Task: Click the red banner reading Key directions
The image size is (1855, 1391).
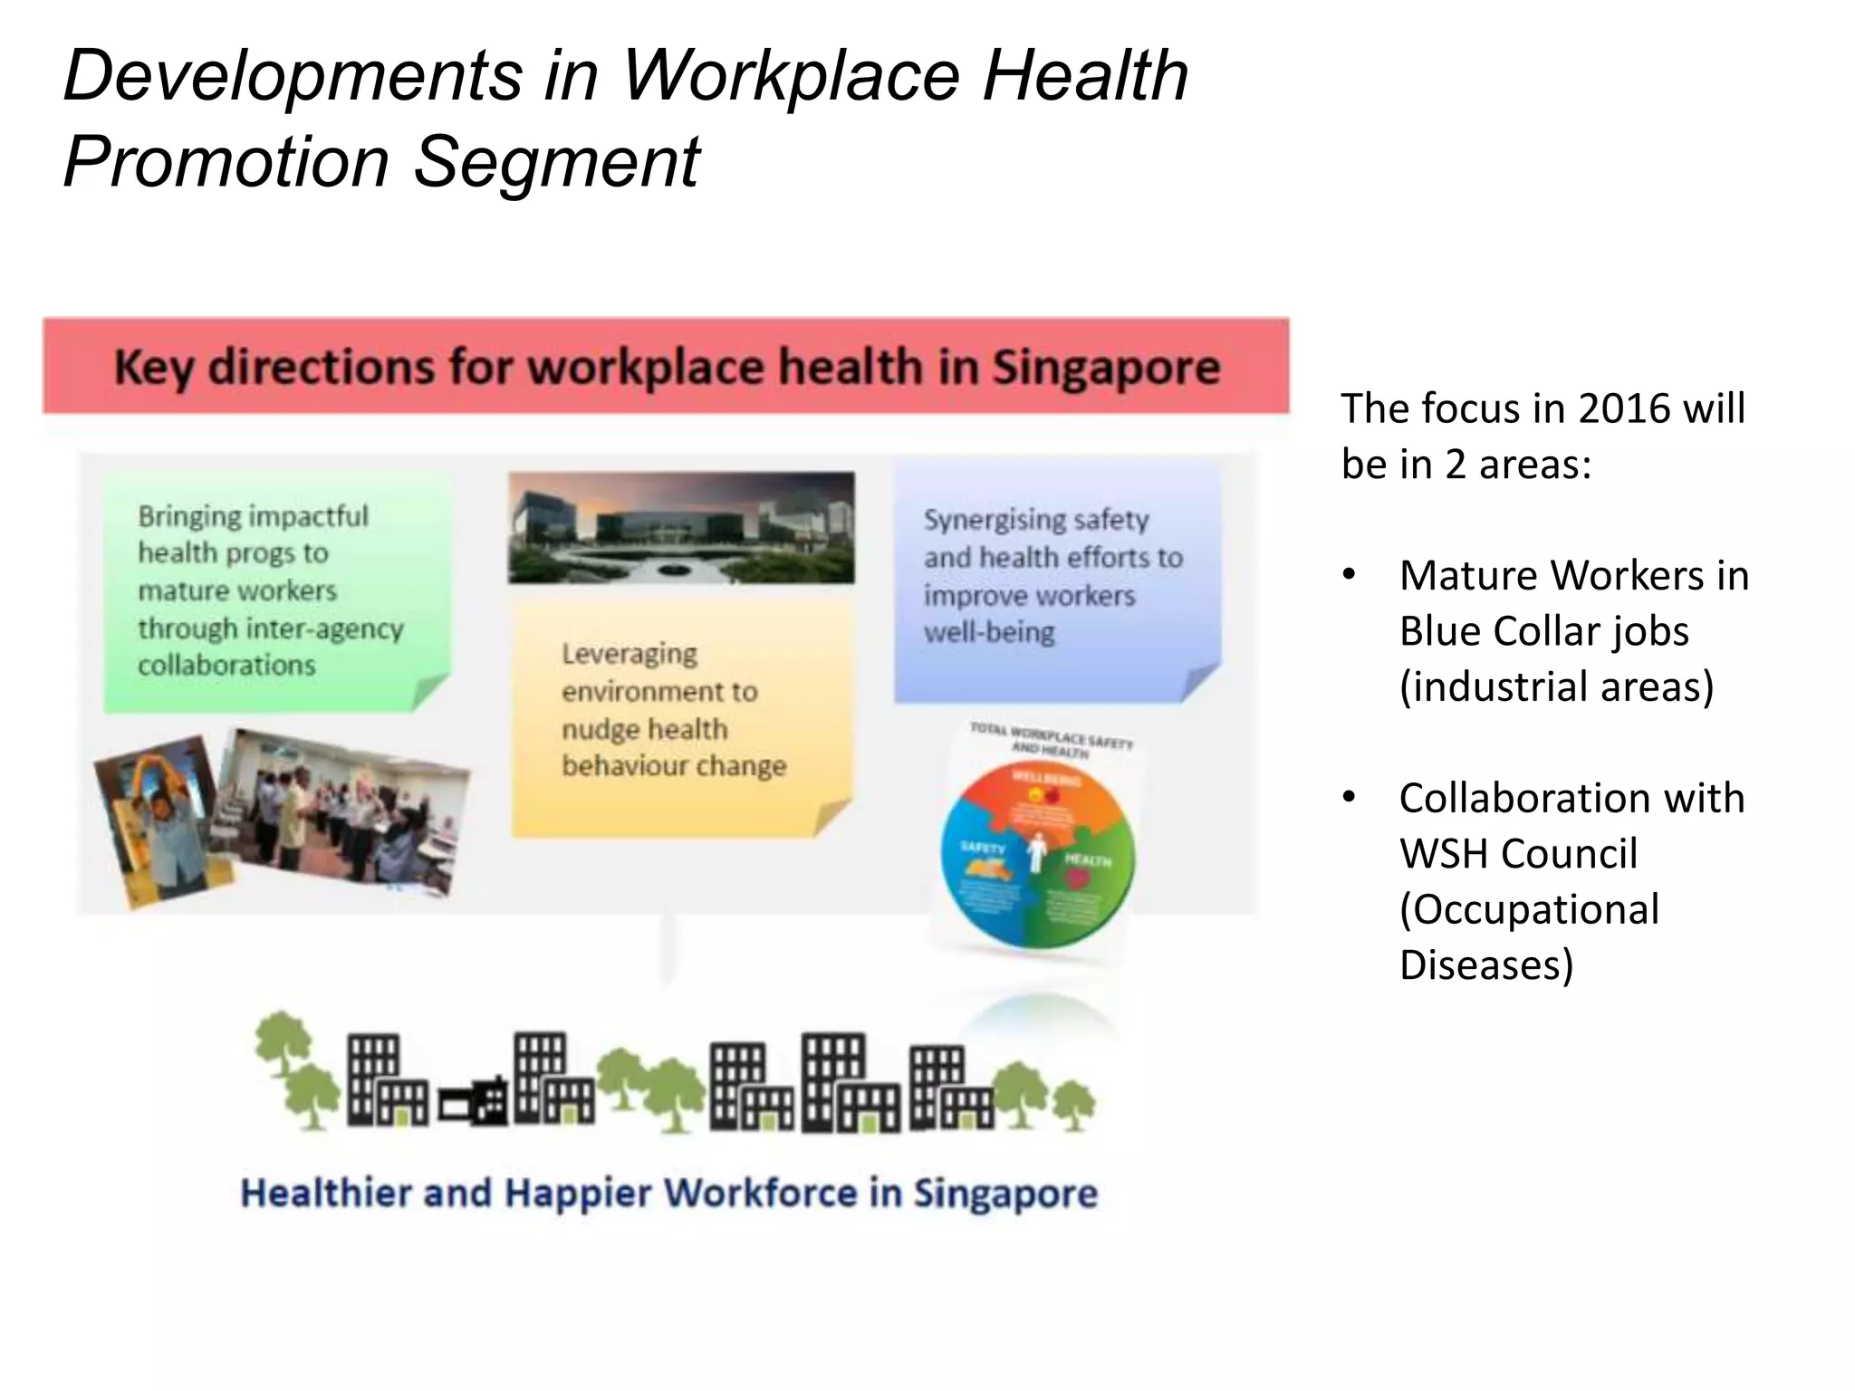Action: [666, 367]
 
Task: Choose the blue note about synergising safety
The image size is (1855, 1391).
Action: [1056, 580]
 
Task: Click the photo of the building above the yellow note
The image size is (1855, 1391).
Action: [681, 527]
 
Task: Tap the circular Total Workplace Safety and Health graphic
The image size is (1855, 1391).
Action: [1037, 856]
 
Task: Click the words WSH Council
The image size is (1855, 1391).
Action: [1518, 854]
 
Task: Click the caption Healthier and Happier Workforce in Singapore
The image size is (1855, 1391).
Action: [668, 1194]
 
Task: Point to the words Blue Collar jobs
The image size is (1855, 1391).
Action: [1543, 631]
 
